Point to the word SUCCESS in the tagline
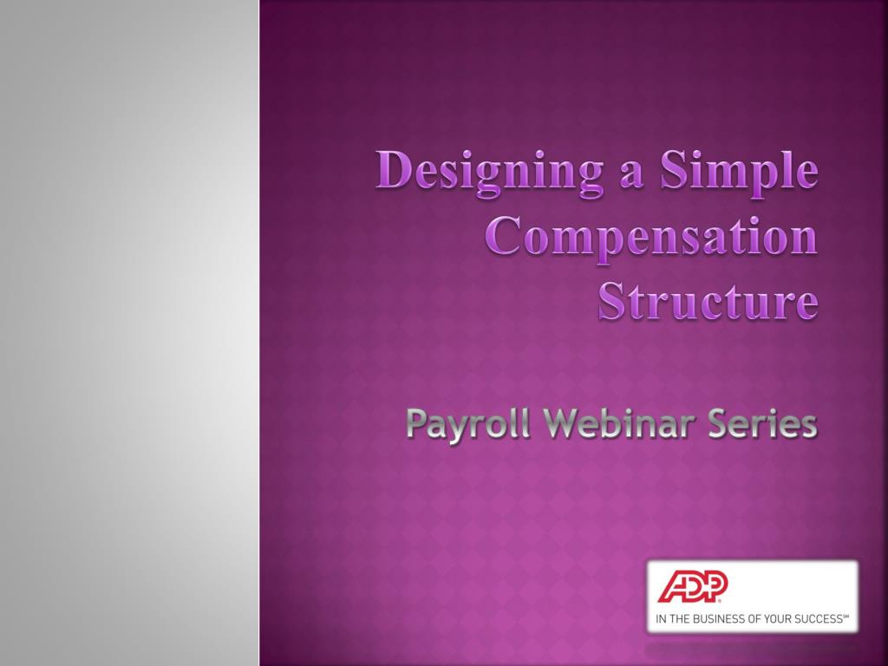coord(817,619)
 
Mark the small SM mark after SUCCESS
coord(846,617)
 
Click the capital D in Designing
coord(392,171)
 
